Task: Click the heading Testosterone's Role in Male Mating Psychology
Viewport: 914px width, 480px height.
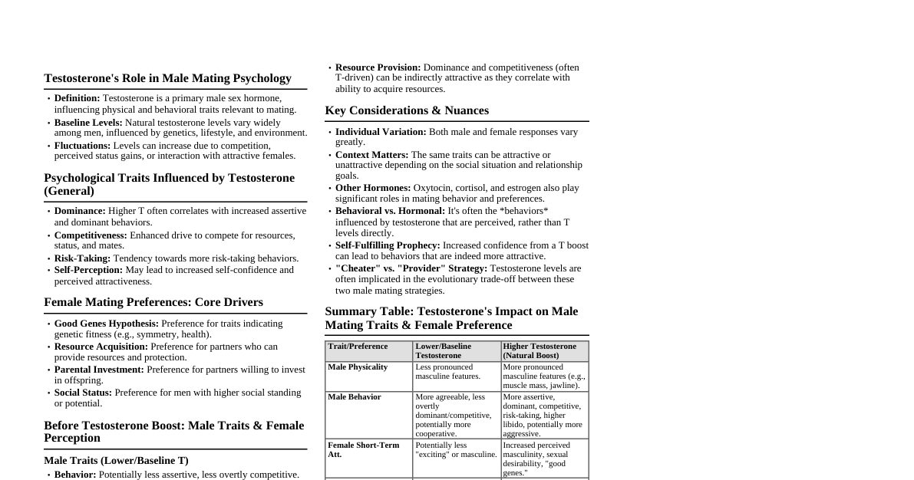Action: click(167, 78)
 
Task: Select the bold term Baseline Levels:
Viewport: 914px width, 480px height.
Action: click(88, 123)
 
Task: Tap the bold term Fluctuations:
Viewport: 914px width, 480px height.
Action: click(82, 146)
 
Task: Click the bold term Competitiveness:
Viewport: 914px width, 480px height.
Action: click(91, 235)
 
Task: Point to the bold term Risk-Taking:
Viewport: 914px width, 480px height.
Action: click(82, 258)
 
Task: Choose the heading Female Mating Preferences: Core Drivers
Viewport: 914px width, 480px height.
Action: click(153, 302)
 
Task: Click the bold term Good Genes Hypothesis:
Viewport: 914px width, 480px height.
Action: click(107, 324)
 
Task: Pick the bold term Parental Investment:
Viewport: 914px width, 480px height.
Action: click(99, 370)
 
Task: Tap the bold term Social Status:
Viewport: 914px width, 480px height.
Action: click(83, 393)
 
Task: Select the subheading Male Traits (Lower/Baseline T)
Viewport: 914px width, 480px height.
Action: click(116, 461)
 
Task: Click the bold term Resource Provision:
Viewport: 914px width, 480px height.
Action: click(378, 67)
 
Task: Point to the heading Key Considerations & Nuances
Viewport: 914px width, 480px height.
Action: click(407, 110)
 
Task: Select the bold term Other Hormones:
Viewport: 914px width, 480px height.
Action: click(373, 188)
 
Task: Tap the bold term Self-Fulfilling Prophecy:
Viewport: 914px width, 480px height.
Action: click(388, 245)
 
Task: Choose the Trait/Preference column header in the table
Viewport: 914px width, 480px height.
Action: click(358, 347)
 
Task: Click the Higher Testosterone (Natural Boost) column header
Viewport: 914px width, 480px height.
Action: click(539, 351)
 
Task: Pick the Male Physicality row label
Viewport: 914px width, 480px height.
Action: click(358, 367)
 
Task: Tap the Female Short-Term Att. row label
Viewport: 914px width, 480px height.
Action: click(363, 449)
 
